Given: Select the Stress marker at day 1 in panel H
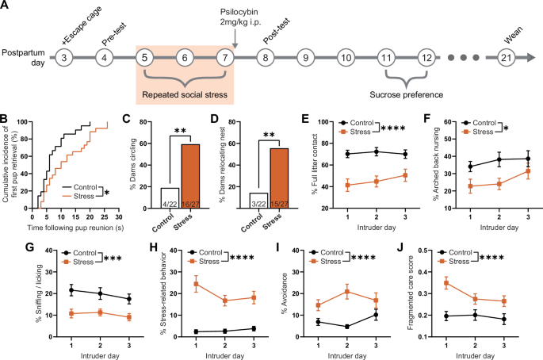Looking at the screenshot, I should click(x=197, y=284).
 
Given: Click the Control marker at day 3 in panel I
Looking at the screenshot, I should click(x=397, y=315).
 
